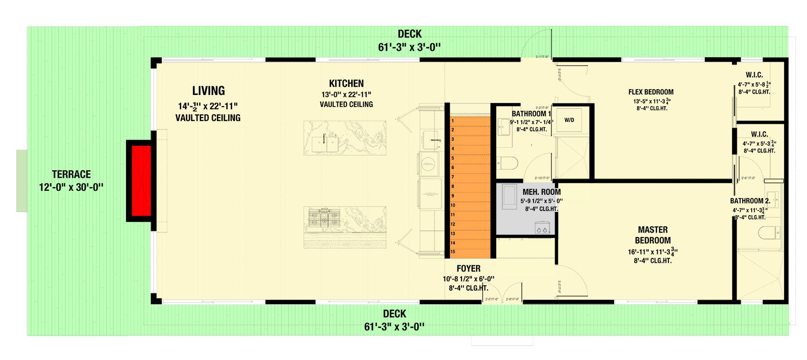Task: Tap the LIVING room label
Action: point(208,91)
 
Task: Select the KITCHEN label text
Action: point(346,83)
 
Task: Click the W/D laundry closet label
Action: point(569,121)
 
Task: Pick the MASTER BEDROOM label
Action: point(652,235)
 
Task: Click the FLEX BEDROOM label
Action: point(650,92)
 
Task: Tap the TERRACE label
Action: point(71,174)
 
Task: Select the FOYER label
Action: point(468,269)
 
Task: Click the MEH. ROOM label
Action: point(541,192)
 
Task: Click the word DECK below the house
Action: point(395,314)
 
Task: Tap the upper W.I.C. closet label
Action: point(753,75)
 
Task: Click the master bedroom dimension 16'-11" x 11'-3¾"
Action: point(653,252)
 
